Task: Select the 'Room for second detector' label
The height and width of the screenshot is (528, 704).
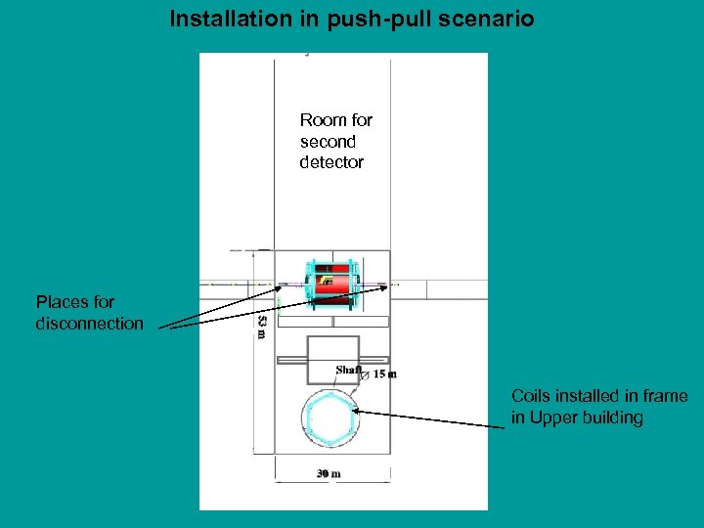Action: click(x=335, y=142)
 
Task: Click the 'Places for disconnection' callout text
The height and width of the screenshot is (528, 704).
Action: click(x=89, y=313)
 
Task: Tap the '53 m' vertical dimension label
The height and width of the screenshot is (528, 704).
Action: click(x=260, y=327)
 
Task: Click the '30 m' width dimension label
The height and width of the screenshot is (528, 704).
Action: click(x=329, y=474)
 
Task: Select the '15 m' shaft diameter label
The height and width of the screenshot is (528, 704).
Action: click(x=385, y=374)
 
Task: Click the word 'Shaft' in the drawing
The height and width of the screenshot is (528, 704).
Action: click(x=348, y=370)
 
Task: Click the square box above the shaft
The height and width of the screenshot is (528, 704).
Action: click(x=332, y=359)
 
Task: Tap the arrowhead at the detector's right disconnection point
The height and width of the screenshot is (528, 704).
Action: click(x=396, y=286)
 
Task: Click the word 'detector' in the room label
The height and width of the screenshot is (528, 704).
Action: click(x=331, y=162)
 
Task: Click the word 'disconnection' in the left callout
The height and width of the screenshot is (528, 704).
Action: click(x=89, y=324)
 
